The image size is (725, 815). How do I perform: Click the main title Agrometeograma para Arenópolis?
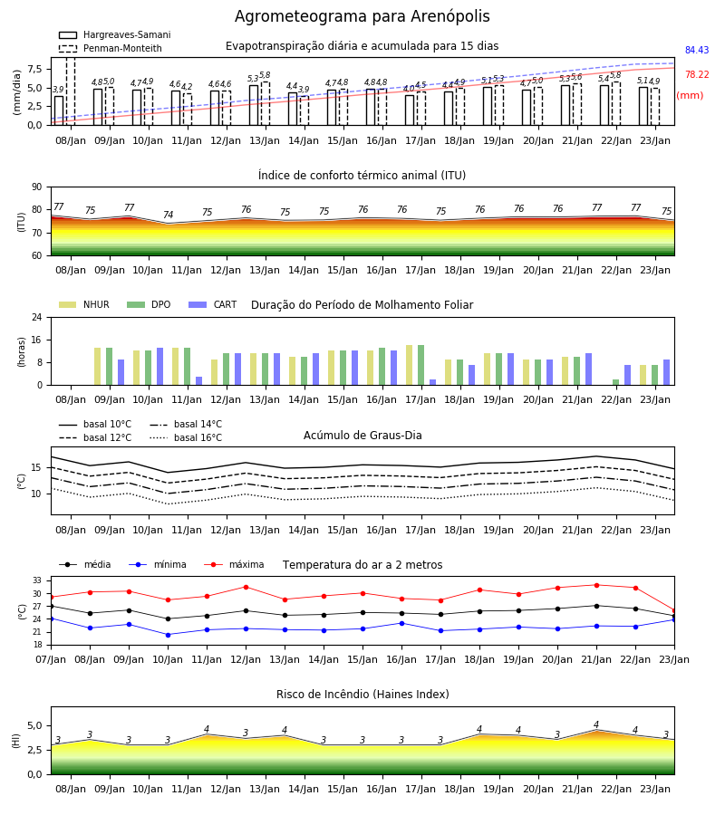click(x=362, y=16)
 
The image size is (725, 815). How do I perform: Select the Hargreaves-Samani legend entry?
click(x=115, y=34)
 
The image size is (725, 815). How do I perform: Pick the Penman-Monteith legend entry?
click(x=111, y=48)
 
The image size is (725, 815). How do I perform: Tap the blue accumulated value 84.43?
click(x=697, y=50)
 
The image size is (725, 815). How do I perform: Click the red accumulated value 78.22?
click(x=697, y=74)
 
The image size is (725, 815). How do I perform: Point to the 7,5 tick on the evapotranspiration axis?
click(x=35, y=69)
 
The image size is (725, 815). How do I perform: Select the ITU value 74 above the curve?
click(x=168, y=214)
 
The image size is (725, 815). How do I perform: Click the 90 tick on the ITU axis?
click(x=37, y=187)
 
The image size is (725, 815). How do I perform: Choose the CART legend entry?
click(x=213, y=304)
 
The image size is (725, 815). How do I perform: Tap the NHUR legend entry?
click(x=83, y=304)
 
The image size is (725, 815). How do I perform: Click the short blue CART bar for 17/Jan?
click(x=432, y=382)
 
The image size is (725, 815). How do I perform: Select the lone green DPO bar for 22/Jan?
click(x=615, y=382)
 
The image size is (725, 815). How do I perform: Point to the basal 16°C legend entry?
click(x=186, y=437)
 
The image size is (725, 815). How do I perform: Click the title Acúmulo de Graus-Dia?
click(x=362, y=435)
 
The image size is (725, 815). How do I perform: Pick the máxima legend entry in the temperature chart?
click(x=234, y=564)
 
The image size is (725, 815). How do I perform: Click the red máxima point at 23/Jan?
click(x=674, y=610)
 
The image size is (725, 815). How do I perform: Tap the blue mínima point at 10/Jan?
click(x=168, y=635)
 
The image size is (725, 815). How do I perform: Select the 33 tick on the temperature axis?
click(x=37, y=580)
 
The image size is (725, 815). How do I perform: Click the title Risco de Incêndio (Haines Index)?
click(x=362, y=694)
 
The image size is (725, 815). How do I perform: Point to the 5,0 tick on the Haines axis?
click(x=35, y=725)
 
